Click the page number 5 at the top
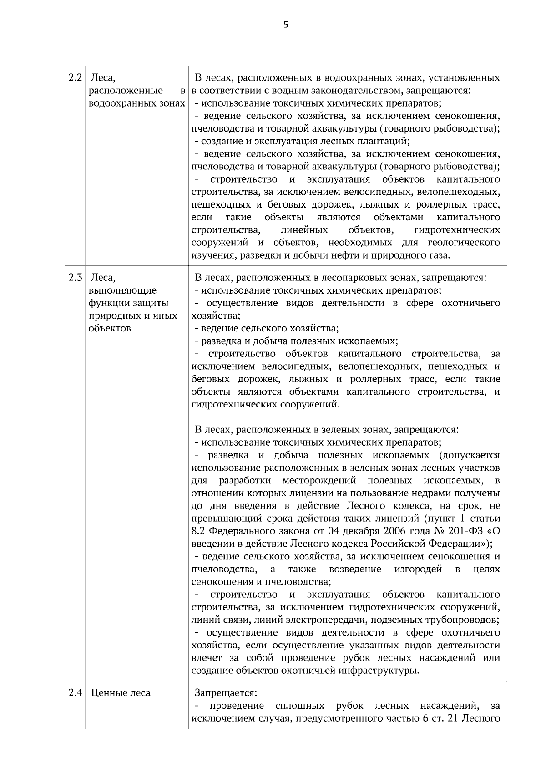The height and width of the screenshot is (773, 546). click(286, 25)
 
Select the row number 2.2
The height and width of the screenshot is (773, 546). click(75, 77)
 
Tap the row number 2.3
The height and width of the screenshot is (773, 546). click(75, 278)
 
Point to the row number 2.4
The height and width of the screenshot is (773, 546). click(75, 693)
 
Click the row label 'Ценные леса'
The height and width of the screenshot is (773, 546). click(121, 693)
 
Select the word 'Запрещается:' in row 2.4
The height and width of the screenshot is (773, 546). click(226, 693)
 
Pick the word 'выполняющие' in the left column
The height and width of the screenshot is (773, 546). click(123, 290)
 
